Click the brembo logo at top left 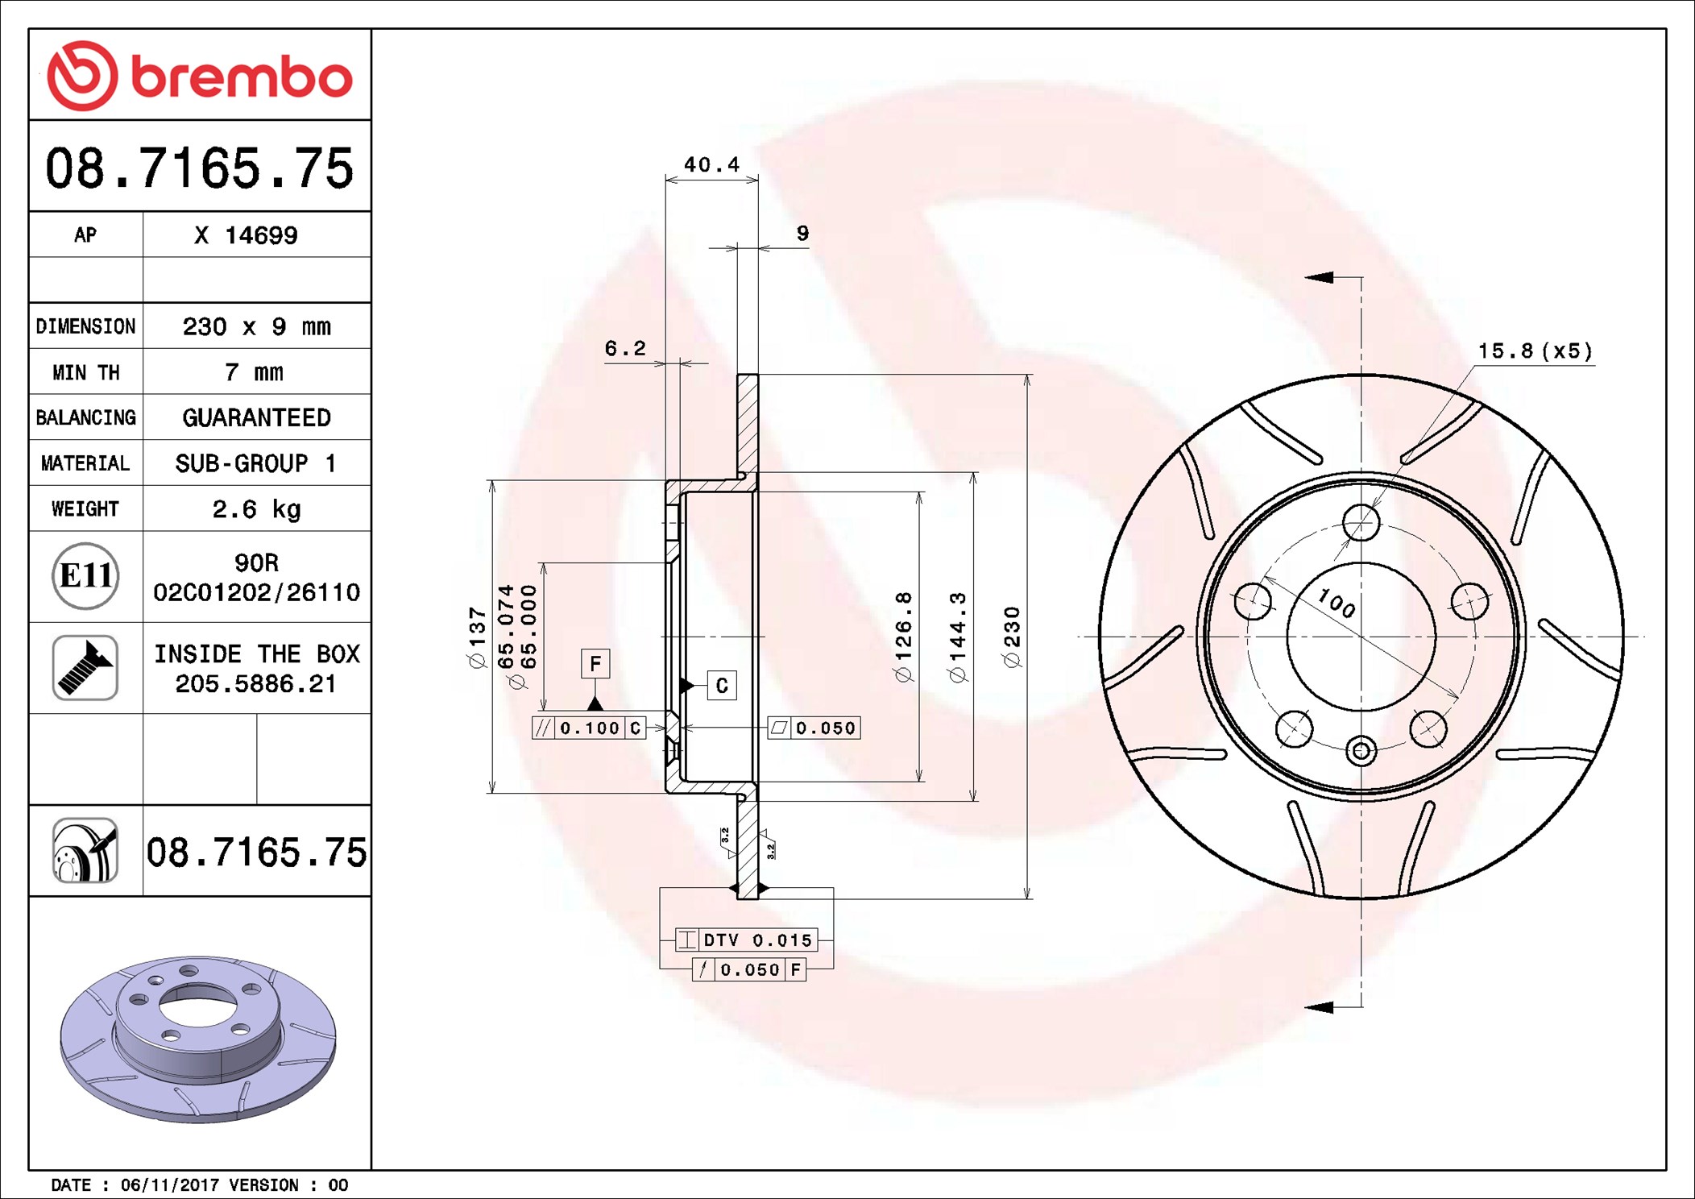[x=199, y=76]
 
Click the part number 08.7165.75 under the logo [x=199, y=168]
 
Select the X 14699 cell [x=247, y=235]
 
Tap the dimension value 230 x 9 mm [x=256, y=326]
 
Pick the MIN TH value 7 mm [x=254, y=372]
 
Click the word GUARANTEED [x=256, y=417]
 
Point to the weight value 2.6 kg [x=256, y=509]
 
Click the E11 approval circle [x=85, y=576]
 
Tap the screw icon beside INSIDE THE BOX [x=85, y=667]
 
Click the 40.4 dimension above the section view [x=711, y=164]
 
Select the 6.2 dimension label [x=625, y=348]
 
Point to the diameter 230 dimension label [x=1012, y=637]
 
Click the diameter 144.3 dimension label [x=957, y=637]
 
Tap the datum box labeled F [x=595, y=663]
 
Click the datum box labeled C [x=721, y=685]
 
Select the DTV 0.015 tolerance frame [x=747, y=940]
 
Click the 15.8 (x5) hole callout [x=1535, y=351]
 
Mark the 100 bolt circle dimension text [x=1337, y=603]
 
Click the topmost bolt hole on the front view [x=1361, y=523]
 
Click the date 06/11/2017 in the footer [x=169, y=1184]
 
